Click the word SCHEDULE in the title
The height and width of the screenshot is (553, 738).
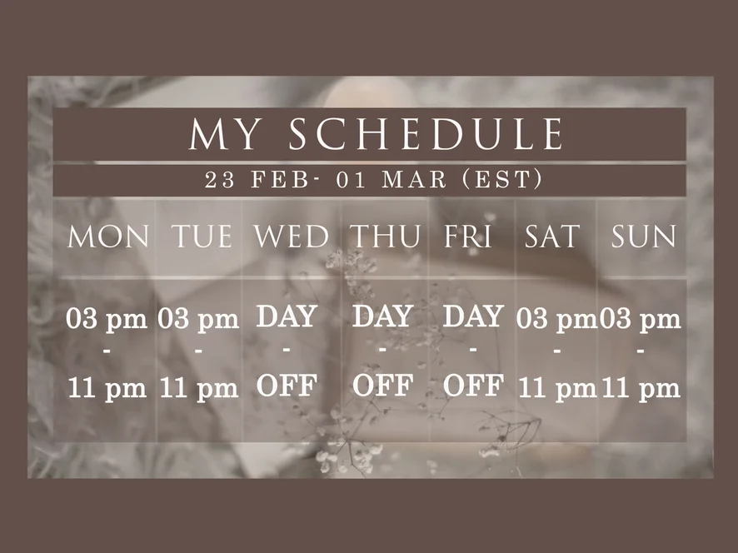426,133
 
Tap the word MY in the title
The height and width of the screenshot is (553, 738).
225,133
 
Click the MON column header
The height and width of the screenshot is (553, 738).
108,237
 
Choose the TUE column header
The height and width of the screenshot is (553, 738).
202,237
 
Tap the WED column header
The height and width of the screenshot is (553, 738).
292,237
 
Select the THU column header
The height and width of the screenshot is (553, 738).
386,237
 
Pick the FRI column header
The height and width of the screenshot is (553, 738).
468,237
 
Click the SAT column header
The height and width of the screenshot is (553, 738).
551,237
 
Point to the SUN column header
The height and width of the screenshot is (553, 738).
643,237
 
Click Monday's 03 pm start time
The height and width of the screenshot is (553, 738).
107,320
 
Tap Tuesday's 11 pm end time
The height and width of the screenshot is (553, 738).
199,389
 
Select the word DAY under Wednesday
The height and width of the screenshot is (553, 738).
287,316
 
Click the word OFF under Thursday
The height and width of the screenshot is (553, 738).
382,386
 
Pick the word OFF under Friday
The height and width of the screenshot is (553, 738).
473,386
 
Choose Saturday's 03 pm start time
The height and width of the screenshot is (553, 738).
556,320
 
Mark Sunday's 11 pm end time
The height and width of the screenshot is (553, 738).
641,389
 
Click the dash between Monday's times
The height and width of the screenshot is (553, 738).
107,351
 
